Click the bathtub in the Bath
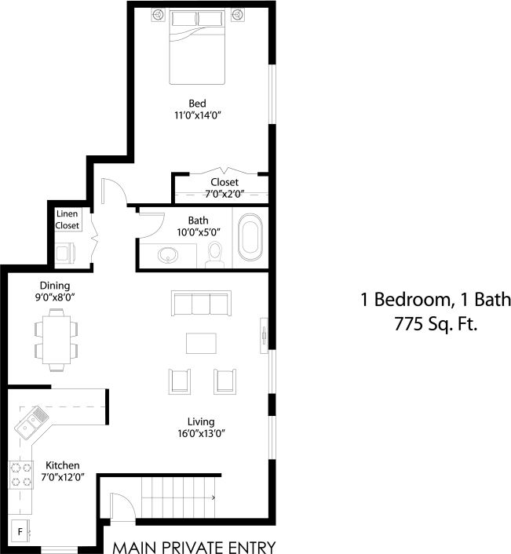tap(250, 237)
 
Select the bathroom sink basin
tap(167, 255)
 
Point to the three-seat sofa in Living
tap(200, 304)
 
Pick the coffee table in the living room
tap(200, 344)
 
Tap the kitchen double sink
tap(31, 424)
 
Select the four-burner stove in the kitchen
tap(20, 474)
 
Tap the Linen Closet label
tap(67, 220)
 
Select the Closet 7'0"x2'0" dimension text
tap(224, 193)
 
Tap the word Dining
tap(55, 286)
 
